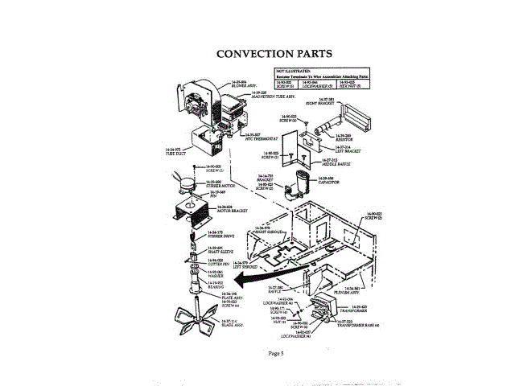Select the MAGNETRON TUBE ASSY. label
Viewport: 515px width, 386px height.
(272, 96)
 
